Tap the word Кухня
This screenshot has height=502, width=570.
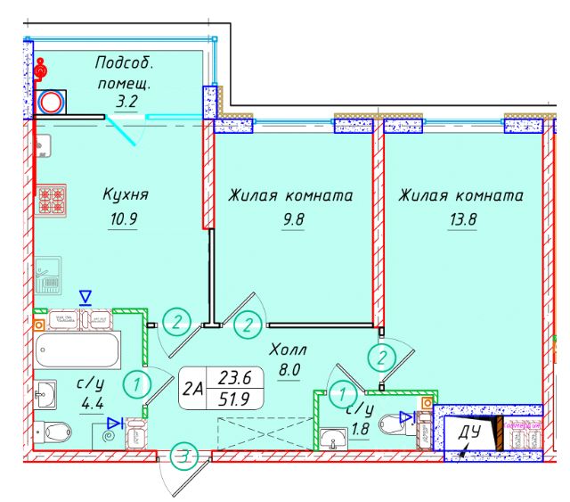point(125,195)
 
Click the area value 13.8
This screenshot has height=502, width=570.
point(460,218)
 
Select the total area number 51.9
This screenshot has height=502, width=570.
point(234,399)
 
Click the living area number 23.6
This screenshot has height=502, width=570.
point(234,377)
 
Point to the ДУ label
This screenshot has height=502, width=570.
point(470,435)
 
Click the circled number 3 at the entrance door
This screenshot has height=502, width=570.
point(183,458)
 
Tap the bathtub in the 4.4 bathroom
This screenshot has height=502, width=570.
point(77,350)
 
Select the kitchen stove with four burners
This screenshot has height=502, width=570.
point(49,200)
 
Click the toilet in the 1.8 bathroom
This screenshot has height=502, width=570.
point(393,424)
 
